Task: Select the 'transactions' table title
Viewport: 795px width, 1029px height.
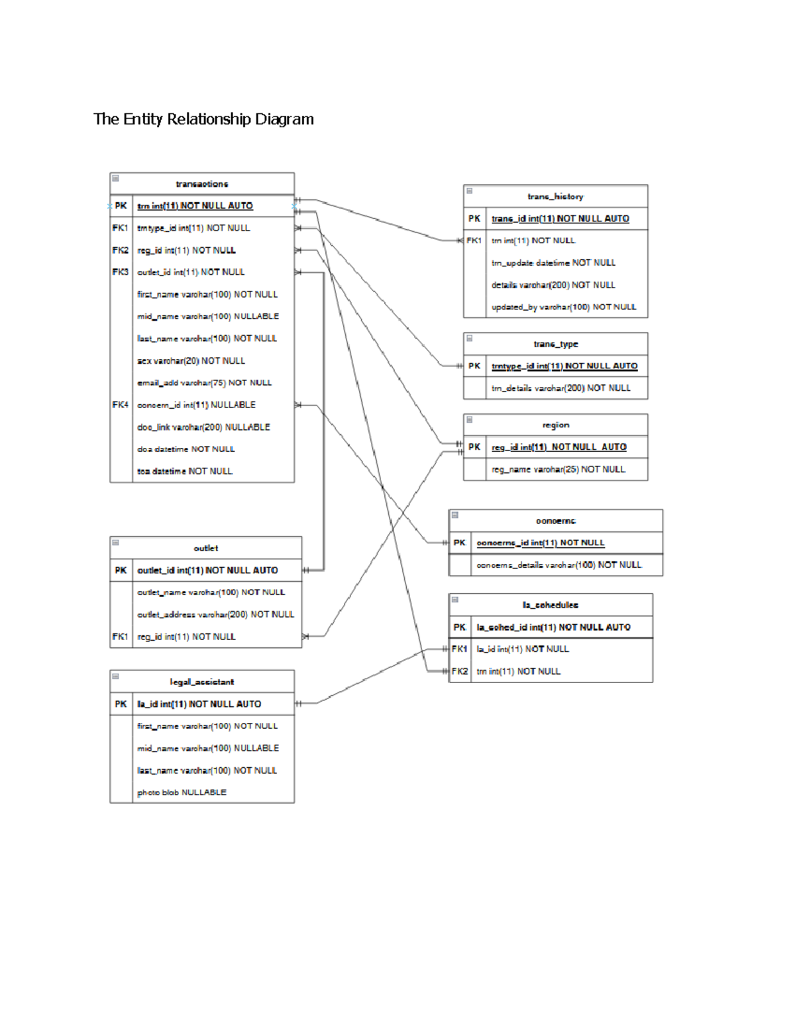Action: click(202, 184)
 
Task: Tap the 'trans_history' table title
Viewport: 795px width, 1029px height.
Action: click(555, 197)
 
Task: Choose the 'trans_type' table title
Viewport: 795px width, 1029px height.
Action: click(555, 344)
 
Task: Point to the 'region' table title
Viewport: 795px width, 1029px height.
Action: click(555, 425)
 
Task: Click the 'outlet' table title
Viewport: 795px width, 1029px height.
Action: click(205, 549)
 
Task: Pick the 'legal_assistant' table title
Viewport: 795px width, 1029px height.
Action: click(201, 682)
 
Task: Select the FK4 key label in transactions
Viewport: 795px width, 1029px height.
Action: click(121, 405)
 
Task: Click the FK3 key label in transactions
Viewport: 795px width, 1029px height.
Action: click(121, 272)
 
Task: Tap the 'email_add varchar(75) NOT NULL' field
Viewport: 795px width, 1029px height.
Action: click(204, 383)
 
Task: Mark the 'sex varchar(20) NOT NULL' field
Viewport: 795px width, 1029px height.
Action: click(191, 361)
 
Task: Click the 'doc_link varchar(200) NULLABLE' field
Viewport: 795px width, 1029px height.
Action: click(203, 427)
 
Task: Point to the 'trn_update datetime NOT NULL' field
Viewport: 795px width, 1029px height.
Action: click(553, 263)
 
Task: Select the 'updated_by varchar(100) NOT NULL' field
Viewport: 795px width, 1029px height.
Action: click(564, 307)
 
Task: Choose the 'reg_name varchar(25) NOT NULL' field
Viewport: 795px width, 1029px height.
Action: click(558, 470)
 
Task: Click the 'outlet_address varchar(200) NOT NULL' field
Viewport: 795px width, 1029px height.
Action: click(215, 615)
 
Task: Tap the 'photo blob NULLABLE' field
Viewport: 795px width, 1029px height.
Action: click(182, 792)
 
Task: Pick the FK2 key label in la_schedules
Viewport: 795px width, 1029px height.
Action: click(460, 672)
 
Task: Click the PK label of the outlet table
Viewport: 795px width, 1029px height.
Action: click(121, 570)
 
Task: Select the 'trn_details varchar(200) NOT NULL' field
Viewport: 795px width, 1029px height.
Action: click(560, 388)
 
